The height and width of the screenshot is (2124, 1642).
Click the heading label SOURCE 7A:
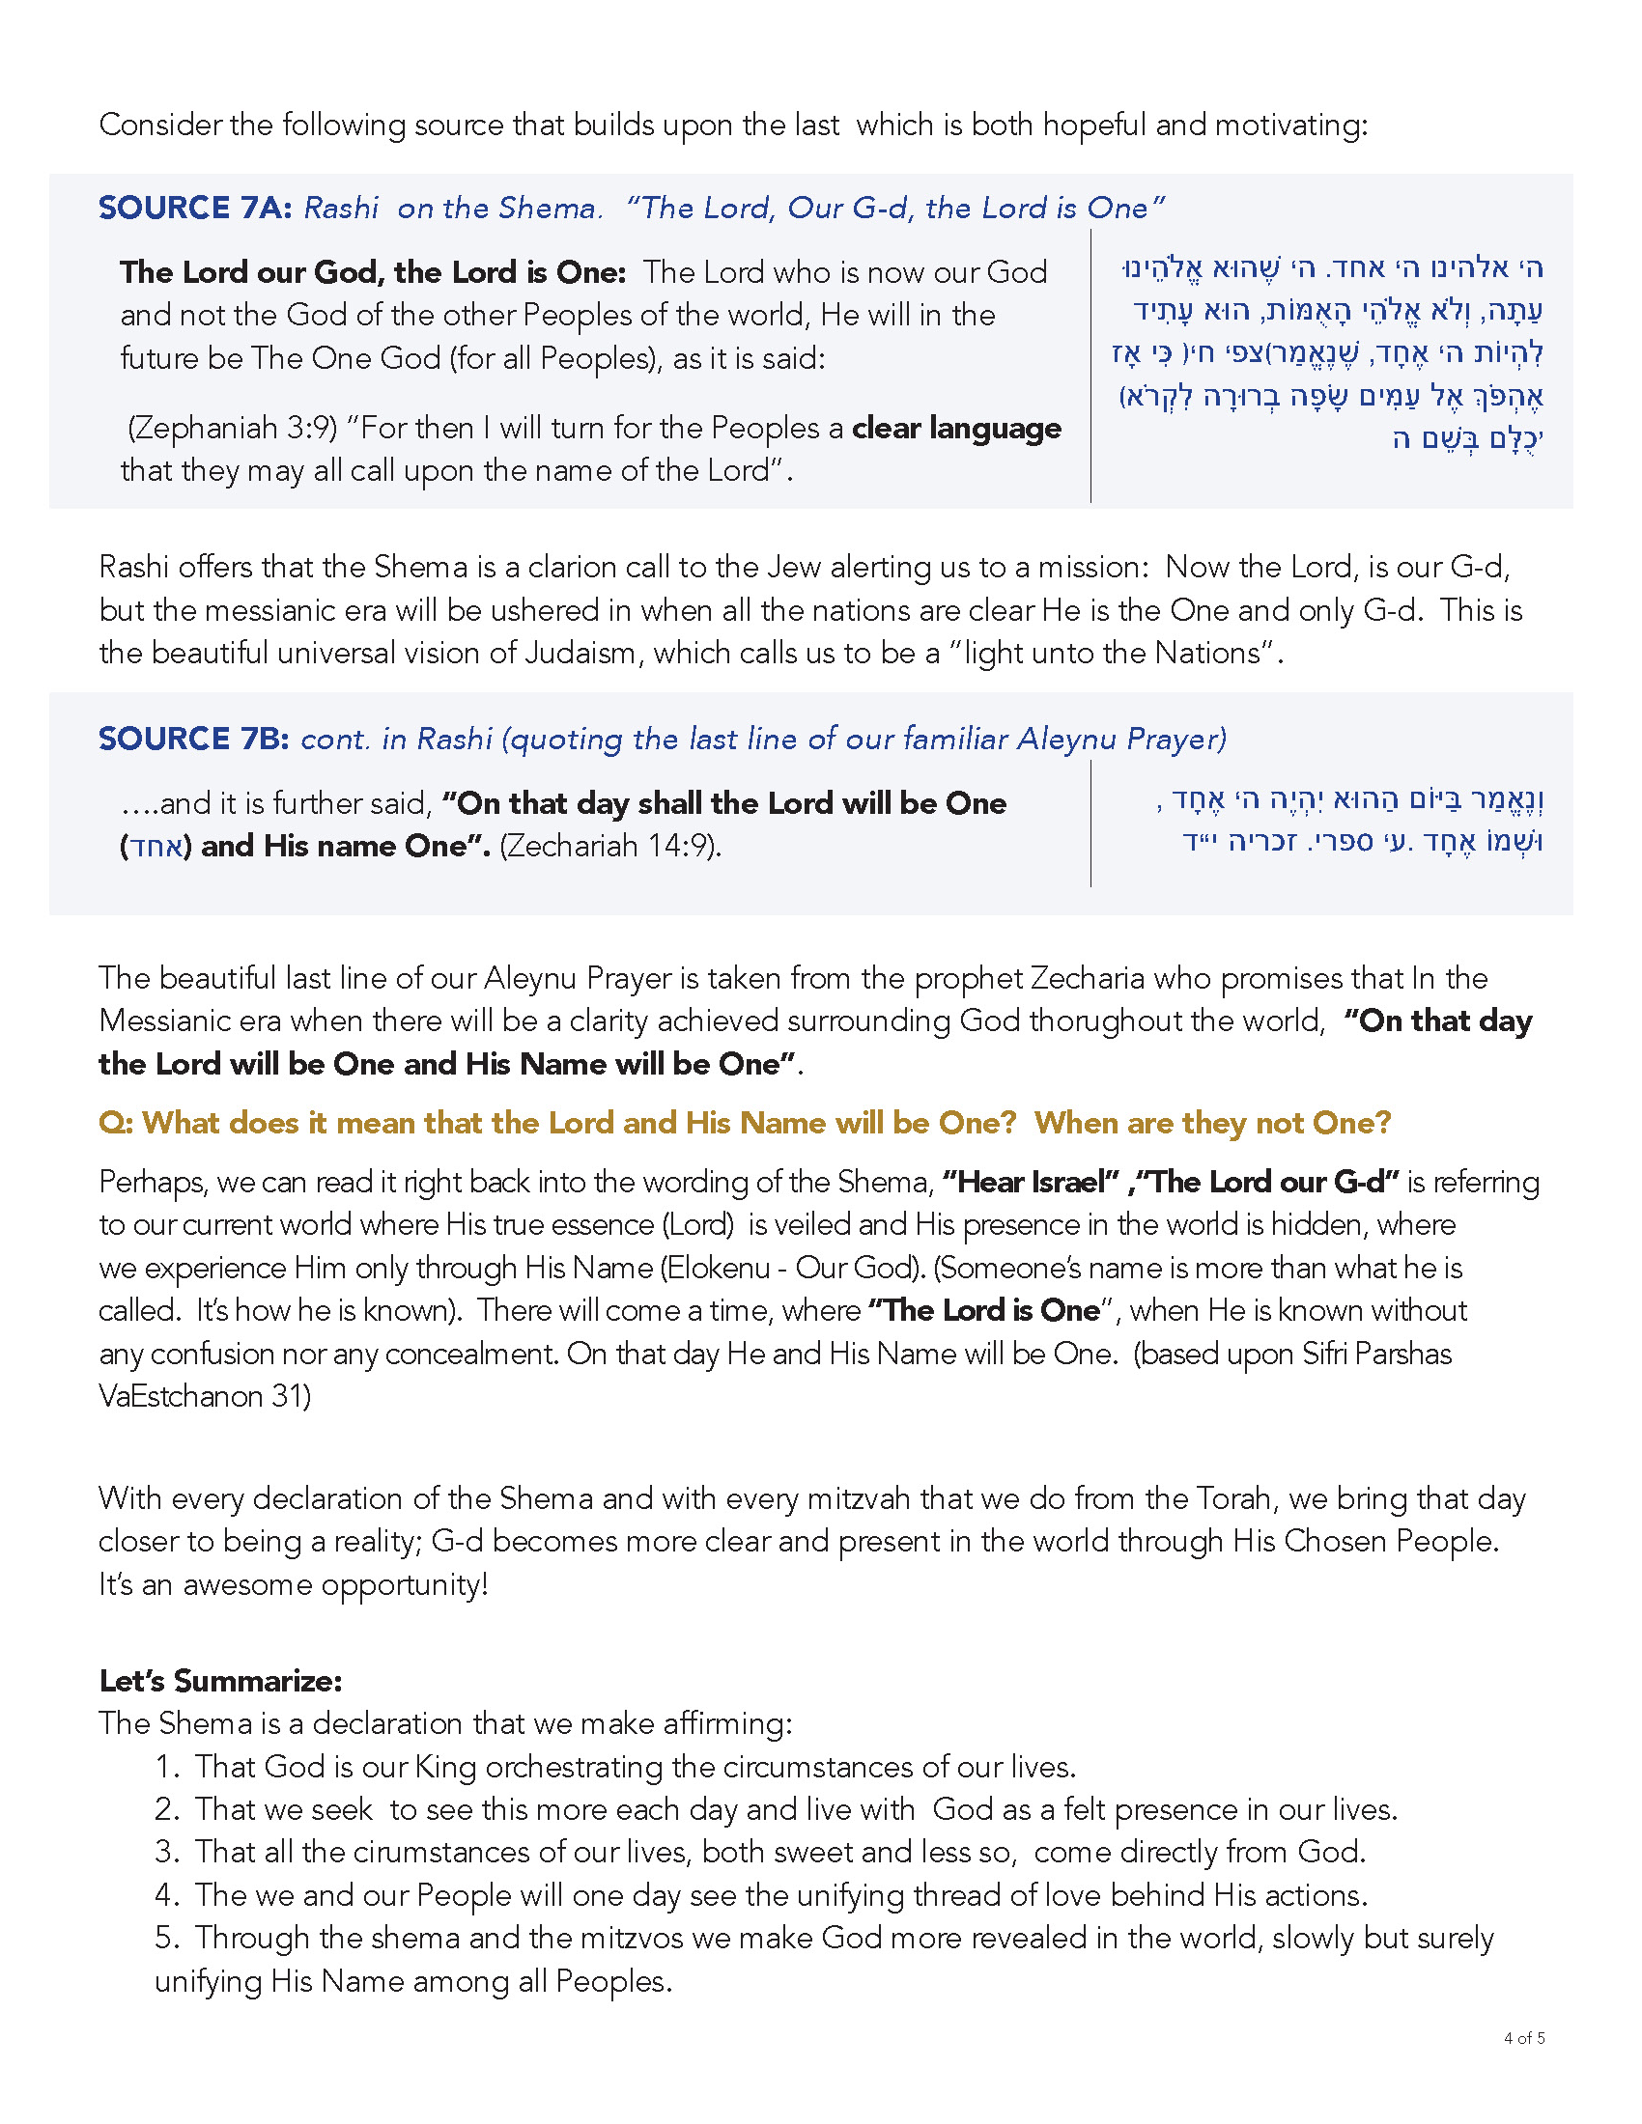[x=194, y=209]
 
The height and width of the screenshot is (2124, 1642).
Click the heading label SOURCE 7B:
[x=193, y=740]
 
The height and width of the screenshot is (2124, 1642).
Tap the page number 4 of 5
[x=1523, y=2038]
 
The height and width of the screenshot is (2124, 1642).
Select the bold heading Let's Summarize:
[x=220, y=1681]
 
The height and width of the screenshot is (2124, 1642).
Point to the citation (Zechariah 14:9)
[x=609, y=846]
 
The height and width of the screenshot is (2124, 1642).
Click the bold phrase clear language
[x=956, y=428]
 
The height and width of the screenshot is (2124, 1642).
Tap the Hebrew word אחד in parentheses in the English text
[x=156, y=847]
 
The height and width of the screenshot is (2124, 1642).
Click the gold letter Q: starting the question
[x=116, y=1123]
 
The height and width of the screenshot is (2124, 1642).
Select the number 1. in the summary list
[x=167, y=1767]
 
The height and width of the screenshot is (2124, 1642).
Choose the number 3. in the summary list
[x=167, y=1852]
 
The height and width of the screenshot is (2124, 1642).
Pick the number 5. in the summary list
[x=167, y=1938]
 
